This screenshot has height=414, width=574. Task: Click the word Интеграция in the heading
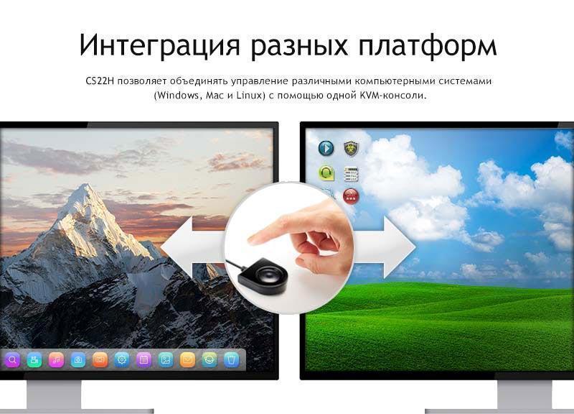(159, 45)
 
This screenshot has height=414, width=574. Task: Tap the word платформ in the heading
(427, 45)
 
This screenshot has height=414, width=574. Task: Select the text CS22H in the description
(100, 80)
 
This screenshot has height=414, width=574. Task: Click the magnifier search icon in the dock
(12, 359)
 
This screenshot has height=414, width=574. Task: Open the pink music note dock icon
(56, 359)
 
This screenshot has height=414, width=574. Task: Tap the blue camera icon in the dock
(78, 359)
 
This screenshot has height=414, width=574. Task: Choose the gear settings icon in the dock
(121, 359)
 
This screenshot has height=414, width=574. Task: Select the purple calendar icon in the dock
(143, 359)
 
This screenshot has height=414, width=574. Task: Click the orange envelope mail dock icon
(187, 359)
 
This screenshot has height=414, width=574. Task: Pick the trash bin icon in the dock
(231, 359)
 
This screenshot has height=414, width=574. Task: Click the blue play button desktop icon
(326, 149)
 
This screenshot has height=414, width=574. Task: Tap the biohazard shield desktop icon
(351, 149)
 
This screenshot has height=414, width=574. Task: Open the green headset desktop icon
(326, 172)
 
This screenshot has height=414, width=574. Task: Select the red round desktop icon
(351, 196)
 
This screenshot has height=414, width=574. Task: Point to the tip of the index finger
(250, 240)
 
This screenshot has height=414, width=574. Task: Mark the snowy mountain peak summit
(87, 185)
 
